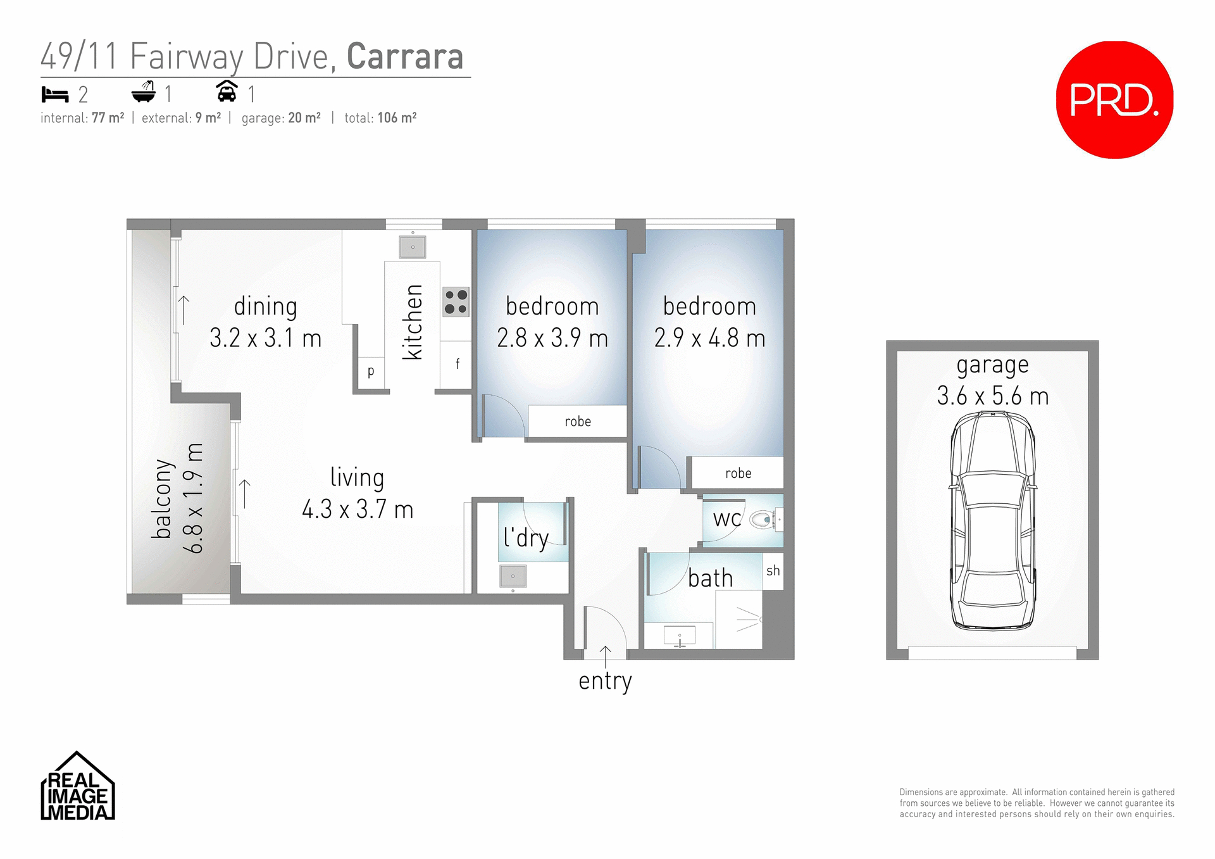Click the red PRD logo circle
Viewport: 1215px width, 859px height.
point(1114,100)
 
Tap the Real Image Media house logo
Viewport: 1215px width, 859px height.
point(78,787)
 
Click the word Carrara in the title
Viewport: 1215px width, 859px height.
point(405,57)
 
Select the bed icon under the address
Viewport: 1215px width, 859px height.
point(55,95)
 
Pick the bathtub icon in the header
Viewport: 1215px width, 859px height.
point(144,92)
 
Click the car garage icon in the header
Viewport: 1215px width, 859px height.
point(227,92)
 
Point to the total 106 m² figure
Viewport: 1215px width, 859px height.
point(397,118)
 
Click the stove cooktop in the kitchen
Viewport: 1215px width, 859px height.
point(456,301)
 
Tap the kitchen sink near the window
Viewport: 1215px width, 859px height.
point(413,247)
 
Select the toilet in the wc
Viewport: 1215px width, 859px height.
point(762,520)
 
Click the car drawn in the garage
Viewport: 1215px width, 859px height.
point(992,520)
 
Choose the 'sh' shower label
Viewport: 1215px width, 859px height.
point(773,571)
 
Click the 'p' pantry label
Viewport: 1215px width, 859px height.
point(371,371)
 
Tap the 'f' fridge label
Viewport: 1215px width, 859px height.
point(457,364)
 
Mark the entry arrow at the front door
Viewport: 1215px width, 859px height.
point(606,656)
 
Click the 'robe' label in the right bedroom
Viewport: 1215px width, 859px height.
point(738,473)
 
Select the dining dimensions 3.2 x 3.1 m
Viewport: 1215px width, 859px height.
point(266,338)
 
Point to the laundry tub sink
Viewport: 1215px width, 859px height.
point(513,576)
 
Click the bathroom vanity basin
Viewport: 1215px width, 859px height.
point(680,635)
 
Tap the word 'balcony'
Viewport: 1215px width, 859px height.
point(162,499)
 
